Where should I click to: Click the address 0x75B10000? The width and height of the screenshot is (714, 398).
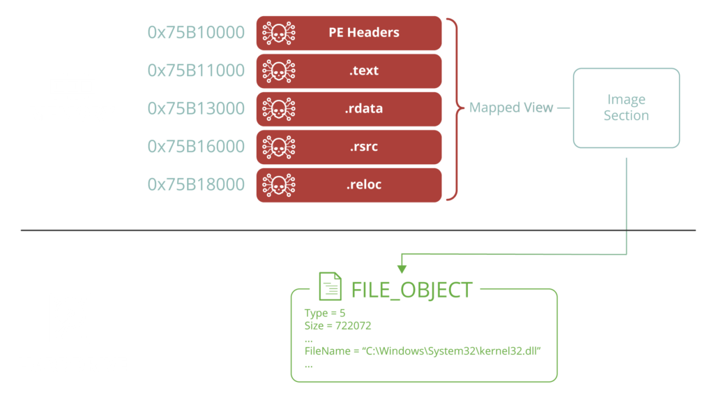(196, 33)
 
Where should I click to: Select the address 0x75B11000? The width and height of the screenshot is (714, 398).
(196, 71)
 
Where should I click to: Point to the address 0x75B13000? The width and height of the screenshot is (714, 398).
(196, 108)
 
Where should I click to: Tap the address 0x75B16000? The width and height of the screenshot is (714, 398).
(196, 147)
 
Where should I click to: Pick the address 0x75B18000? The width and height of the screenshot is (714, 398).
(196, 184)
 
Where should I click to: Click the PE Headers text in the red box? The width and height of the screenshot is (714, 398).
(364, 33)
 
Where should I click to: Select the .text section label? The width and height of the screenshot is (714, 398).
(364, 71)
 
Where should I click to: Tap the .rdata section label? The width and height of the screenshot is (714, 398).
(364, 108)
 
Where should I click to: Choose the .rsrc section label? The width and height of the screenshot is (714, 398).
(364, 147)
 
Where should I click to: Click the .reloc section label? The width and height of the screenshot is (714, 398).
(364, 184)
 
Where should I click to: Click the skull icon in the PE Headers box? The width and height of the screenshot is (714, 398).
(278, 33)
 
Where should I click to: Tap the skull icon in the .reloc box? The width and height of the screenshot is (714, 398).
(278, 184)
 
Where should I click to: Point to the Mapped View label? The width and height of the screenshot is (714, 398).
(511, 108)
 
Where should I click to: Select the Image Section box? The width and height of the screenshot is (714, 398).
(626, 108)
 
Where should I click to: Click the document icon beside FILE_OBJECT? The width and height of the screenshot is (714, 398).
(331, 286)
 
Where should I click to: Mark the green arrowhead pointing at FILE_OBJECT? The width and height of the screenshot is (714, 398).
(401, 268)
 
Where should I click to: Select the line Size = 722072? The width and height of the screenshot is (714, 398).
(335, 325)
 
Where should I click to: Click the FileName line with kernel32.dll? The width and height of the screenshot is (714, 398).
(423, 349)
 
